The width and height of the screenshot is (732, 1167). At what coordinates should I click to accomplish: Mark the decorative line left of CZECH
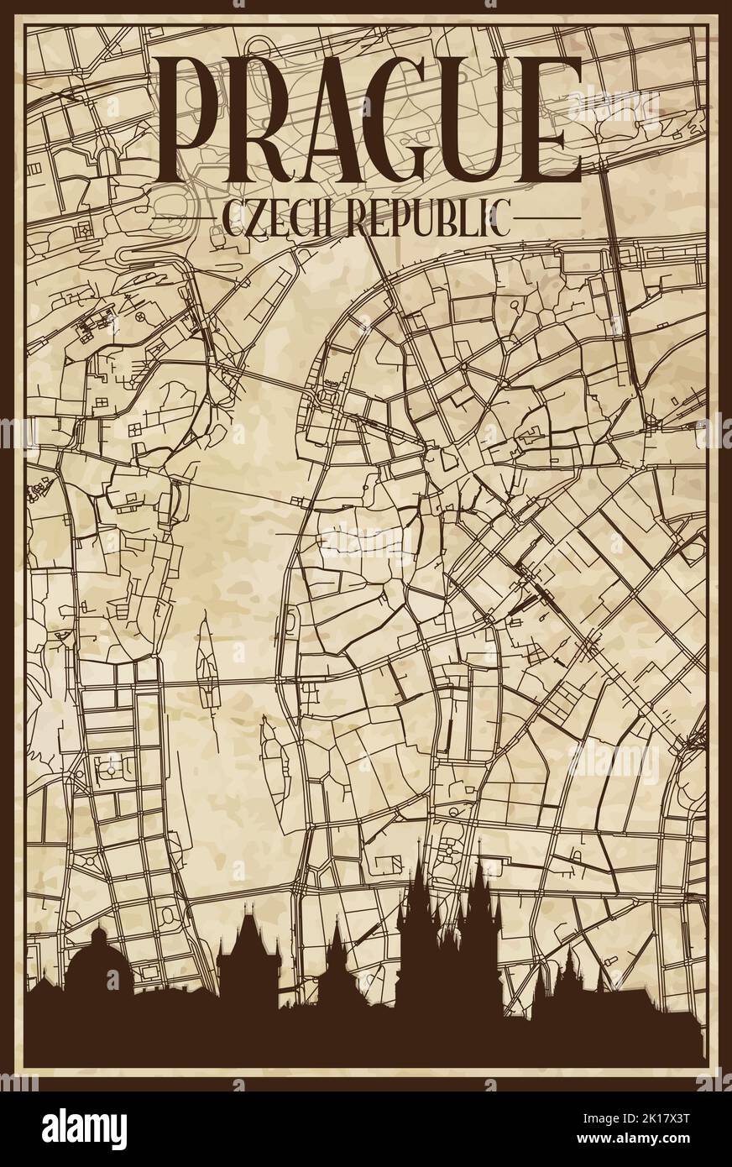[205, 220]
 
